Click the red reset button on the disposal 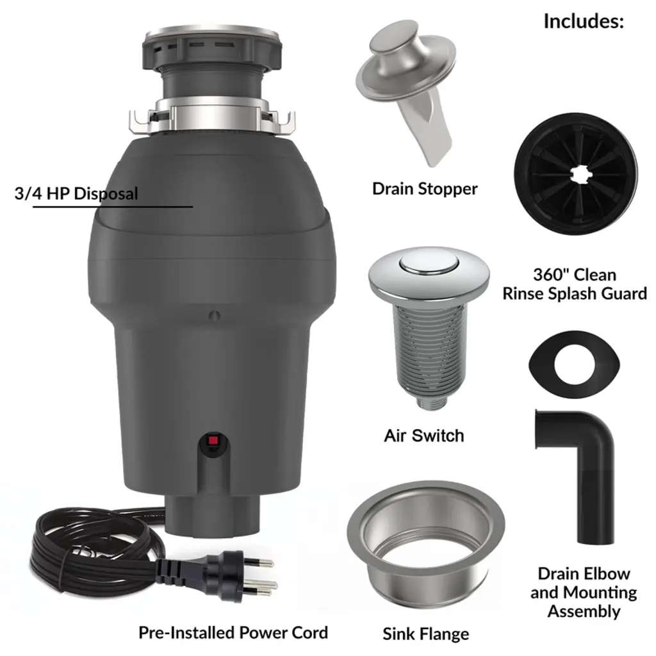[213, 441]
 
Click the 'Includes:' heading [584, 21]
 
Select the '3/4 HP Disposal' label [76, 193]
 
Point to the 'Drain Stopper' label [425, 189]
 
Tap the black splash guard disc [576, 174]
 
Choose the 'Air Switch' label [424, 436]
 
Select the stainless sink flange [426, 544]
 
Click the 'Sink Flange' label [426, 634]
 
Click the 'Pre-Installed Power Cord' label [233, 632]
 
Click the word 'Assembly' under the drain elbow [584, 611]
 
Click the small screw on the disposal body [215, 315]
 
